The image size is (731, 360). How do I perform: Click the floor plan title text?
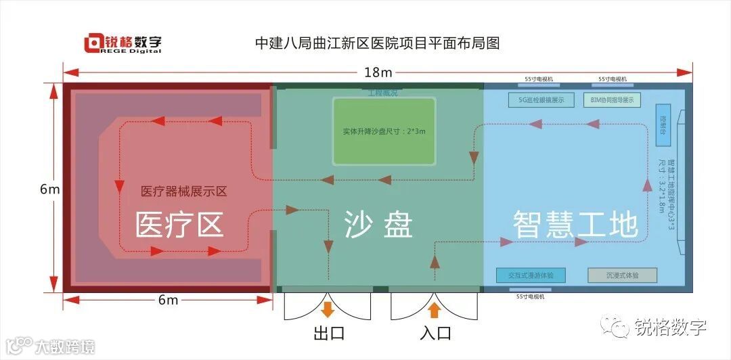coord(377,44)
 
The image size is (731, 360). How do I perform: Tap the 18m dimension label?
coord(378,72)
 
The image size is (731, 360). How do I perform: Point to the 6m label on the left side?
coord(49,189)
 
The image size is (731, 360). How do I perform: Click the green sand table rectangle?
coord(384,131)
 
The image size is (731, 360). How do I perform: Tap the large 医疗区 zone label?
coord(180,224)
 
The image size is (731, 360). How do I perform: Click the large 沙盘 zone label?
coord(378,224)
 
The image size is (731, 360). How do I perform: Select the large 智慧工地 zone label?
coord(575,223)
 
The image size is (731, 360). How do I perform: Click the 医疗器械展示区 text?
coord(183,192)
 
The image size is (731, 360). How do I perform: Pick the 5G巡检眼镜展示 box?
coord(541,100)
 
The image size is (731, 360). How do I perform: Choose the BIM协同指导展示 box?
coord(612,100)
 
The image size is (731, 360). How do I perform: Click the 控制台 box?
coord(663,125)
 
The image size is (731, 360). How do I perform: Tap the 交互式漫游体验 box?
coord(531,275)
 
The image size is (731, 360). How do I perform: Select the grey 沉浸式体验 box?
coord(622,275)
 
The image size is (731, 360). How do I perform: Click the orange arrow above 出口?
coord(328,310)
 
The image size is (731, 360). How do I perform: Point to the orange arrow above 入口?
coord(435,310)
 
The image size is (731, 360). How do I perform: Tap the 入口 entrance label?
coord(435,334)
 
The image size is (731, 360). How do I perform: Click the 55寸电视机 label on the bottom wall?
coord(530,296)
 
